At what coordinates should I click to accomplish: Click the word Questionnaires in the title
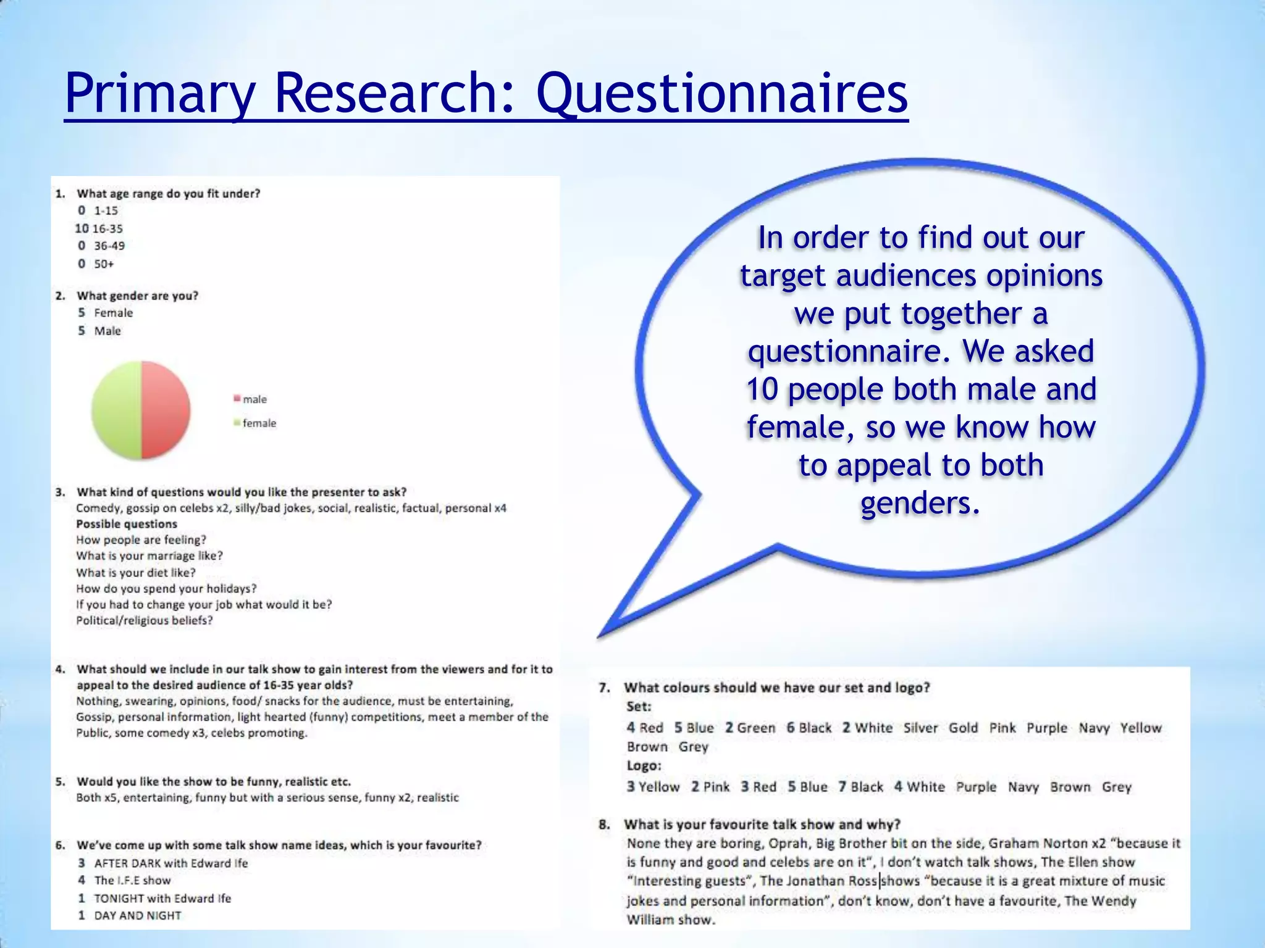(721, 94)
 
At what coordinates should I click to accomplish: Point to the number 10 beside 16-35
(82, 228)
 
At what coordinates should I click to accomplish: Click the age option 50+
(104, 264)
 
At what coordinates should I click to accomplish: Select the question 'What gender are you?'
(137, 296)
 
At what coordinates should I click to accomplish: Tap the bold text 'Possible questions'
(127, 524)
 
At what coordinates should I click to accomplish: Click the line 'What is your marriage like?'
(149, 556)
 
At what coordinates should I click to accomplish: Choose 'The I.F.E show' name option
(132, 881)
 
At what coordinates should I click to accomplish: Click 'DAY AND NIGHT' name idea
(137, 916)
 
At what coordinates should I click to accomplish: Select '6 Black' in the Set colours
(809, 728)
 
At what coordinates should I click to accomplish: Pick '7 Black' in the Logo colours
(860, 788)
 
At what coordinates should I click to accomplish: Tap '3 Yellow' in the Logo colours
(653, 788)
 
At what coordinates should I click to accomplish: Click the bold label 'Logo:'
(644, 766)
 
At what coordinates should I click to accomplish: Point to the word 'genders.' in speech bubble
(920, 503)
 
